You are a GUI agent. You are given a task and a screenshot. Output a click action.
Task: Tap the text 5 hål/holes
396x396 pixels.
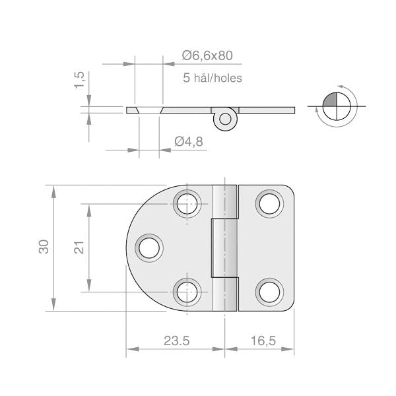pos(213,78)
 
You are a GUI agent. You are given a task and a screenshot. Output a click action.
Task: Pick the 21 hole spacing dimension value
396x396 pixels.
pos(78,247)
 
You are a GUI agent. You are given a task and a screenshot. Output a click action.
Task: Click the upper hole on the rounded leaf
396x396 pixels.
pos(187,203)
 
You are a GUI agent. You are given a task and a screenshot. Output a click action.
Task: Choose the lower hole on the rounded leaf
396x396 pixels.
pos(187,290)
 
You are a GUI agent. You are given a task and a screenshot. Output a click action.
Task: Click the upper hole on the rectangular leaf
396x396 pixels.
pos(269,203)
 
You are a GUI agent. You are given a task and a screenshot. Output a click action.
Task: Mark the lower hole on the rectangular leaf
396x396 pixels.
pos(269,290)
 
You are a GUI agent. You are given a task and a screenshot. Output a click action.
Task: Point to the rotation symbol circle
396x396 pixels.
pos(337,106)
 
